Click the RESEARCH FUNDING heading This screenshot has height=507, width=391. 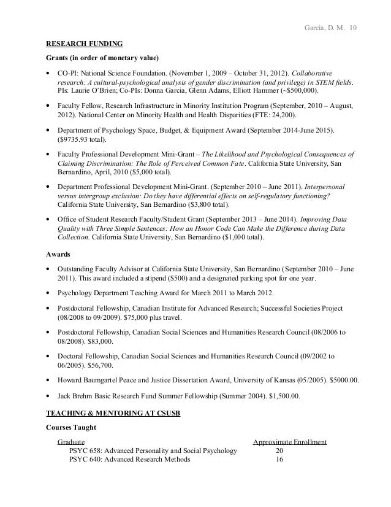point(85,44)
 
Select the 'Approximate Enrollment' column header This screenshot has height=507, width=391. point(290,441)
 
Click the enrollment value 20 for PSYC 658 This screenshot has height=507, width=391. point(279,450)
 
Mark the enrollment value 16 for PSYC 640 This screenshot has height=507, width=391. point(279,459)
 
